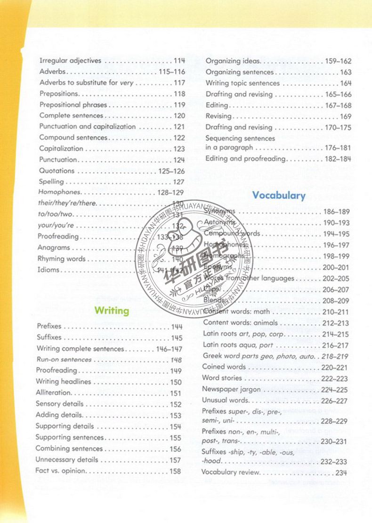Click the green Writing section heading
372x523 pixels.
[112, 311]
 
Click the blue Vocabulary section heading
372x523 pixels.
[279, 195]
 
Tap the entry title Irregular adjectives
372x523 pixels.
[70, 61]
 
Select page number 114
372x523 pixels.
[179, 61]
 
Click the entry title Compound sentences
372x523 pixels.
[73, 138]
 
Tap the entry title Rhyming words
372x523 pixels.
[62, 259]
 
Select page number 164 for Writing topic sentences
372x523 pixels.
[346, 83]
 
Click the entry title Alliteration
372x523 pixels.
[54, 393]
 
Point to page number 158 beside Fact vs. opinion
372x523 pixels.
[175, 471]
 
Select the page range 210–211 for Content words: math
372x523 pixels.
[336, 311]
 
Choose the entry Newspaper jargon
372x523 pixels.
[228, 389]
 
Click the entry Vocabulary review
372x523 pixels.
[230, 472]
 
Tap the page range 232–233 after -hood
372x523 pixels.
[334, 461]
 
